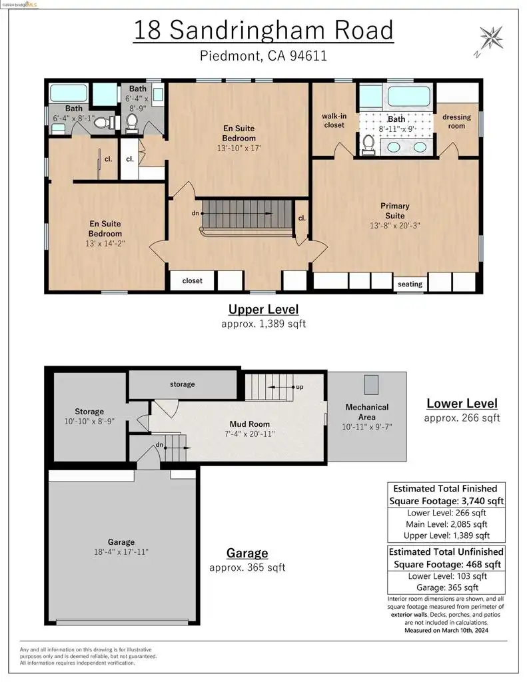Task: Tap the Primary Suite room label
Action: [394, 210]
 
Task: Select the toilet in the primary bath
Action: [368, 145]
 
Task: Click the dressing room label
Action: [456, 121]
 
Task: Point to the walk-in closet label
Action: [334, 121]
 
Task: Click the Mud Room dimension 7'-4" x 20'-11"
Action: [250, 434]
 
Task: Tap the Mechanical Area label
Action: [367, 412]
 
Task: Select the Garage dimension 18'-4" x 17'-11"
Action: [121, 551]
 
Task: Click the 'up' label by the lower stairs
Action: [300, 387]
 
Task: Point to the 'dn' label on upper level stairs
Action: [195, 213]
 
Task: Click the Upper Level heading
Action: [264, 309]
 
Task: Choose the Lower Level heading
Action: [462, 403]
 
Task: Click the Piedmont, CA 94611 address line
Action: [263, 56]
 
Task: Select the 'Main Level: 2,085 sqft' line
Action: [446, 524]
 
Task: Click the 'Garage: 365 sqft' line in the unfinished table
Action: [447, 587]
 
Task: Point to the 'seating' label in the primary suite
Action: [410, 284]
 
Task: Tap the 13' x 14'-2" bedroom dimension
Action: [105, 243]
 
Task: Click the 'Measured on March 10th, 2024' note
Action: [446, 630]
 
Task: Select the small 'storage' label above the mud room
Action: [183, 384]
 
